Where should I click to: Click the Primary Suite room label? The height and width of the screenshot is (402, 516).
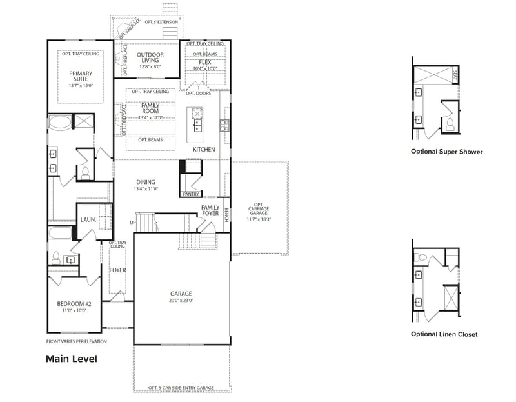81,77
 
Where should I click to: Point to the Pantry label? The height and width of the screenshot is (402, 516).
190,194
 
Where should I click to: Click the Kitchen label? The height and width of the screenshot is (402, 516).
204,150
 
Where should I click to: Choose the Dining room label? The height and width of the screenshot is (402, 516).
146,182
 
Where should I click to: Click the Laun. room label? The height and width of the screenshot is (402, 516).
88,220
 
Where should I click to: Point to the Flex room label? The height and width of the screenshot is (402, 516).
205,63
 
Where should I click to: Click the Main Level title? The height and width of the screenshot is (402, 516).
71,359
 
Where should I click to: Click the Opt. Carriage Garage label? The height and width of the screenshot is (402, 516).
258,209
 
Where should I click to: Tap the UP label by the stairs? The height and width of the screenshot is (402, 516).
133,223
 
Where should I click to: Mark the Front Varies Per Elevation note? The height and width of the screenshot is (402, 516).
76,341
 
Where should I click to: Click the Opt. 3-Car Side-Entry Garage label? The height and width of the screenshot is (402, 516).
181,388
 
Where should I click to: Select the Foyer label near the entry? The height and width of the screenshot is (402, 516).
117,270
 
